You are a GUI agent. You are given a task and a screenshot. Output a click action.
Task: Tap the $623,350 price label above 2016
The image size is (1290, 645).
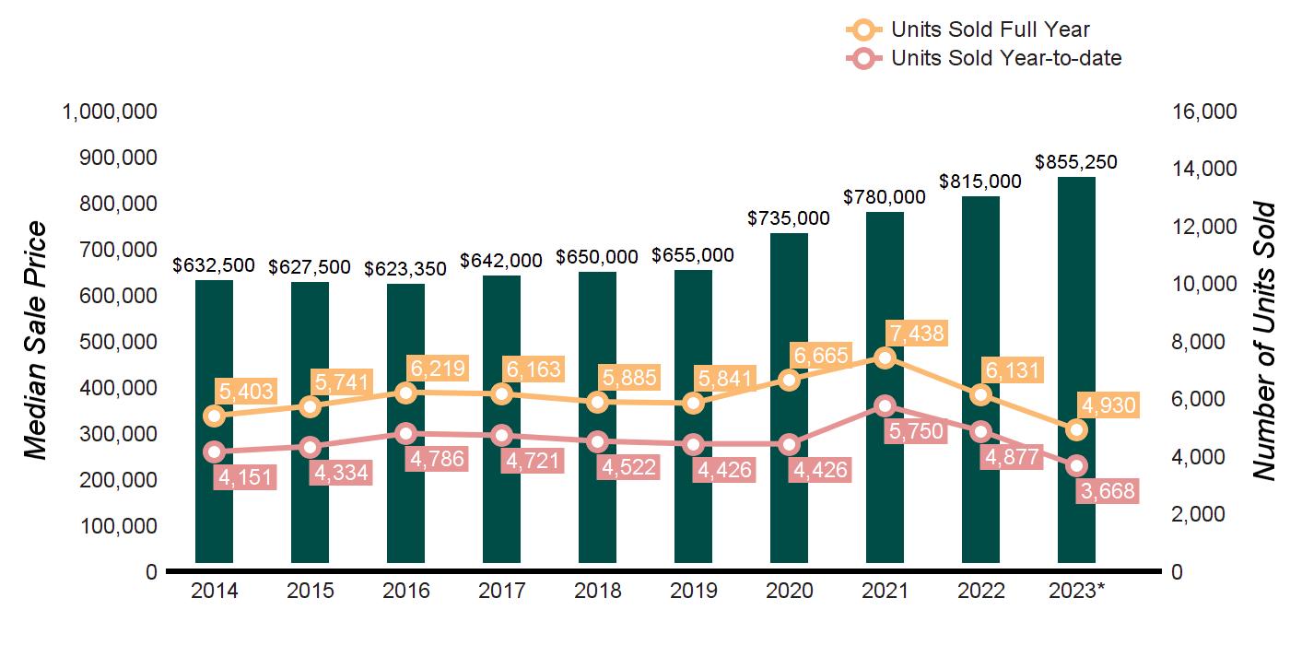(x=405, y=269)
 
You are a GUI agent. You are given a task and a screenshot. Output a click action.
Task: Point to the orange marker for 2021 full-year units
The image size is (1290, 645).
(x=885, y=358)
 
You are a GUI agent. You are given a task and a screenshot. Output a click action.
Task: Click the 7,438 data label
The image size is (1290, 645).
(x=916, y=333)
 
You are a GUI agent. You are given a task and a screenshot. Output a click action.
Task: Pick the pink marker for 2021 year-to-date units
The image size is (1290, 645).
(x=885, y=405)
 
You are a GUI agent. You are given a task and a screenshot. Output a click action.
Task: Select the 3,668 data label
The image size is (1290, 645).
(x=1107, y=490)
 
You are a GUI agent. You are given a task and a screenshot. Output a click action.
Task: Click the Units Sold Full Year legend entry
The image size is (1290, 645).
(x=990, y=30)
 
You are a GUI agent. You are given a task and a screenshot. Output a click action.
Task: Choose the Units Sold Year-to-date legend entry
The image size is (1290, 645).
(x=1005, y=58)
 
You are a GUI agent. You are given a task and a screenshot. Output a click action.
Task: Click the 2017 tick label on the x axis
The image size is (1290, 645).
(x=501, y=591)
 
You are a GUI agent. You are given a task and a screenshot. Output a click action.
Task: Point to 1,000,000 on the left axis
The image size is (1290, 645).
(x=110, y=111)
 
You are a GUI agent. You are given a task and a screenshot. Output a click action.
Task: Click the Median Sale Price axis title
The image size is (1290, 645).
(x=35, y=341)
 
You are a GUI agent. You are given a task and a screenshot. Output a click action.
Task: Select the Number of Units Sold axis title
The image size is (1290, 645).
(x=1263, y=341)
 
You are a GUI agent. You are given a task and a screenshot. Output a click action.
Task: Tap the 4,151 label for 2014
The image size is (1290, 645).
(x=246, y=477)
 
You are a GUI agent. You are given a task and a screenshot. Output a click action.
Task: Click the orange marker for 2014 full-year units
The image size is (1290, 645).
(x=215, y=416)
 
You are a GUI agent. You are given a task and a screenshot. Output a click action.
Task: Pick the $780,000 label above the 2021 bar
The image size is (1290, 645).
(x=885, y=197)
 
